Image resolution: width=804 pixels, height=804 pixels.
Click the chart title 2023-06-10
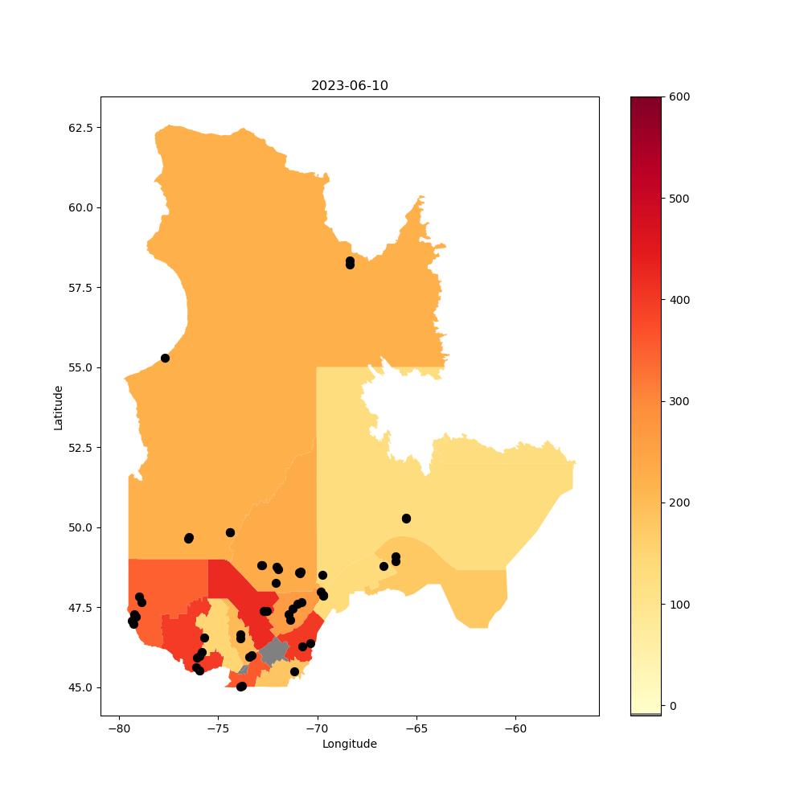(x=349, y=86)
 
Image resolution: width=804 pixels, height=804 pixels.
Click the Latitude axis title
(x=58, y=408)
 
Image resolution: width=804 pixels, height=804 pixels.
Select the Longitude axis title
(x=350, y=744)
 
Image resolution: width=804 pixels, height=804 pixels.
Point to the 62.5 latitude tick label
(x=81, y=128)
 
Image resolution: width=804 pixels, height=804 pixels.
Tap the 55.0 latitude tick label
(x=81, y=367)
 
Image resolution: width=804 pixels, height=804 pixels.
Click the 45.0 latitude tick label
(x=81, y=687)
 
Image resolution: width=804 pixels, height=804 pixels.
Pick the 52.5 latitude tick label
(x=81, y=448)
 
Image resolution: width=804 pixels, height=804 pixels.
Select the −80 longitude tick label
(x=119, y=728)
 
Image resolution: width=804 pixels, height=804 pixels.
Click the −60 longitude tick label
(x=515, y=728)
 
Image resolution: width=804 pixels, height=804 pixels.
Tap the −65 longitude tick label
(x=416, y=728)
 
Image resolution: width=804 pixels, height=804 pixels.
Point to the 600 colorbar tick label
(x=679, y=97)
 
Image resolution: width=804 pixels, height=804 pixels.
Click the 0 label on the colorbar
(x=673, y=706)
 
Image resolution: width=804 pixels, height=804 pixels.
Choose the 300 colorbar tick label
(x=679, y=401)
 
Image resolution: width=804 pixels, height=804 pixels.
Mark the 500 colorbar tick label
(x=679, y=199)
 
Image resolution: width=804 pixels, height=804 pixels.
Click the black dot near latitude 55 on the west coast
(x=165, y=358)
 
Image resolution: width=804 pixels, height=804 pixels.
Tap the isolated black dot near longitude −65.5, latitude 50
(x=406, y=519)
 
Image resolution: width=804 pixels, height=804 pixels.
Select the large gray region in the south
(x=274, y=651)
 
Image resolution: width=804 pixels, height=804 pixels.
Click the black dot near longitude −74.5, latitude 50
(x=230, y=533)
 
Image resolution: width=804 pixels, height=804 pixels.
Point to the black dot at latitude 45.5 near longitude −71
(x=294, y=671)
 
